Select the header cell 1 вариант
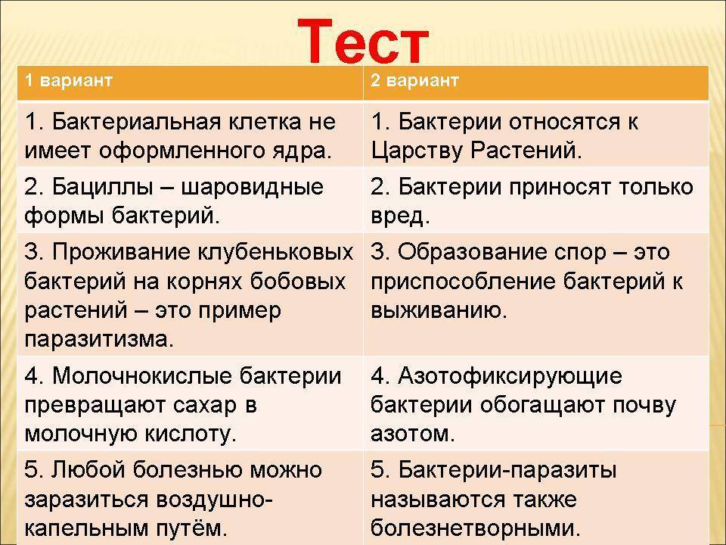click(x=68, y=81)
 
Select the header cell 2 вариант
click(x=414, y=81)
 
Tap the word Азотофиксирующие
click(x=498, y=376)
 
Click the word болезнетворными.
click(x=476, y=527)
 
